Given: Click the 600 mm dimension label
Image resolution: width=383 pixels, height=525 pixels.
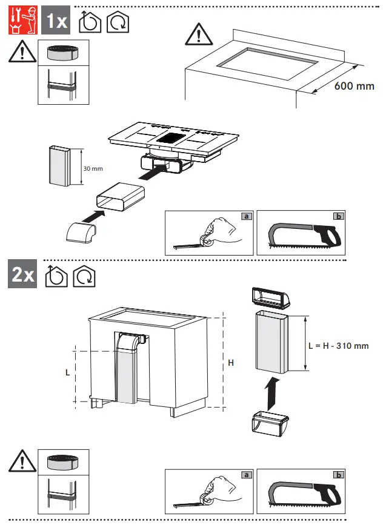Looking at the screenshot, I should pyautogui.click(x=355, y=86).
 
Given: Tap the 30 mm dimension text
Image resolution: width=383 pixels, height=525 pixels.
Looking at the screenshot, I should pyautogui.click(x=92, y=168).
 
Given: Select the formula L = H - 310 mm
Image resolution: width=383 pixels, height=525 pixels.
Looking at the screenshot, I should pyautogui.click(x=338, y=346).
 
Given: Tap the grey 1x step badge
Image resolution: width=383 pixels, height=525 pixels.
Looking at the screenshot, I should pyautogui.click(x=57, y=22).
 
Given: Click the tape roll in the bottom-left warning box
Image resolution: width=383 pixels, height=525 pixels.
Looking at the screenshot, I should pyautogui.click(x=64, y=464).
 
